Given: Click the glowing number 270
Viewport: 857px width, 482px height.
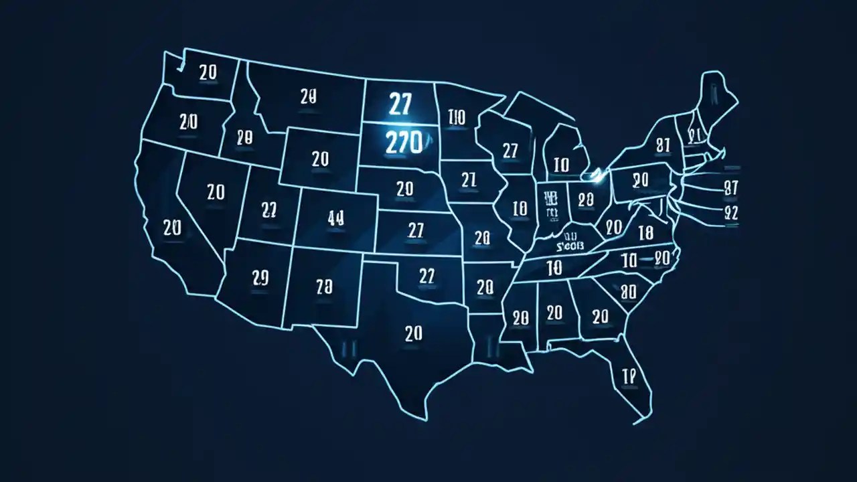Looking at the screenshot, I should [404, 142].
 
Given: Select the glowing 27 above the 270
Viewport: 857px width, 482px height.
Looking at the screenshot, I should [399, 104].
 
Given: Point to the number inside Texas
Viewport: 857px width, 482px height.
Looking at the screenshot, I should [414, 333].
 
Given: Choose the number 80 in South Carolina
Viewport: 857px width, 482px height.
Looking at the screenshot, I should [628, 291].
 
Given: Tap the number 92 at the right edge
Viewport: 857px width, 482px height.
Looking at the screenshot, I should [730, 213].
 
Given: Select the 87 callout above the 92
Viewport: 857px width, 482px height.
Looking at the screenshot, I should [730, 188].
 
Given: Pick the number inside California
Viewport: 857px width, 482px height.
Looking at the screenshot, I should [172, 228].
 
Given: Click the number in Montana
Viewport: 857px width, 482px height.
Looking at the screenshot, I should [308, 96].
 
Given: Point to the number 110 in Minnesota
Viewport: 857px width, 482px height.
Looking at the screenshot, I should [455, 118].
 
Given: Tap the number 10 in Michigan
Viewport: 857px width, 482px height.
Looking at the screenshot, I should [561, 164].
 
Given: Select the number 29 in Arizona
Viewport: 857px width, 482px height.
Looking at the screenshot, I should [260, 276].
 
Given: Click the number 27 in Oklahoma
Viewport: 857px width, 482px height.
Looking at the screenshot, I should [426, 275].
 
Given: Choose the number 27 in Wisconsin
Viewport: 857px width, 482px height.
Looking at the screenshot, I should [510, 151].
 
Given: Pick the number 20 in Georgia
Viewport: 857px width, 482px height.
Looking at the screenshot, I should [600, 315].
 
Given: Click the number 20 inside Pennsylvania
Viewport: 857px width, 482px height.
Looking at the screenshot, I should [641, 179].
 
